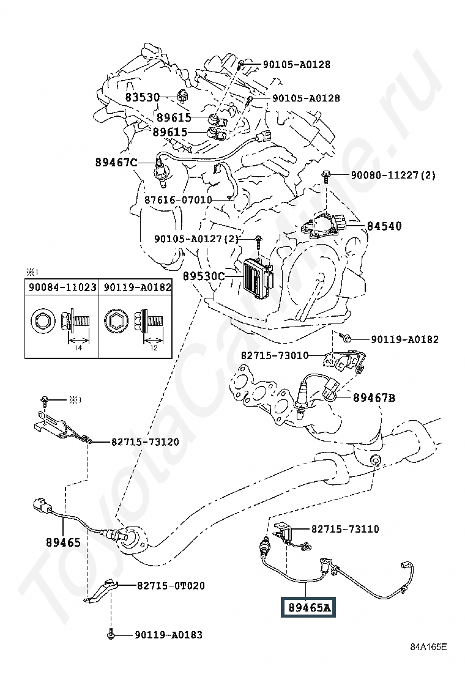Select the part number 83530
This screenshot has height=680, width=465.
(x=143, y=97)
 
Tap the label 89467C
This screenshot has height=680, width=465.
(x=116, y=162)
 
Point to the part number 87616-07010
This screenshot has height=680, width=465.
(x=178, y=199)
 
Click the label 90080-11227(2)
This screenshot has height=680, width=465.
(x=393, y=175)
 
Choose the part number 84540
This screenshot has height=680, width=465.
(x=384, y=226)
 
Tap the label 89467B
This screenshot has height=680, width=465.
(x=374, y=397)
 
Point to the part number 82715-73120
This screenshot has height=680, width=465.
(x=145, y=441)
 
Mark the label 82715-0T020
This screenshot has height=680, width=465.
(x=170, y=585)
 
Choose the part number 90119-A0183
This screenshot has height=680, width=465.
(x=168, y=635)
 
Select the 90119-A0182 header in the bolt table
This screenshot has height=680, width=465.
(x=136, y=286)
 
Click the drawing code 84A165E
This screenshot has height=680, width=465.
(x=429, y=663)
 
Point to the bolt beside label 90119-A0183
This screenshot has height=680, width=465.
(x=111, y=635)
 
